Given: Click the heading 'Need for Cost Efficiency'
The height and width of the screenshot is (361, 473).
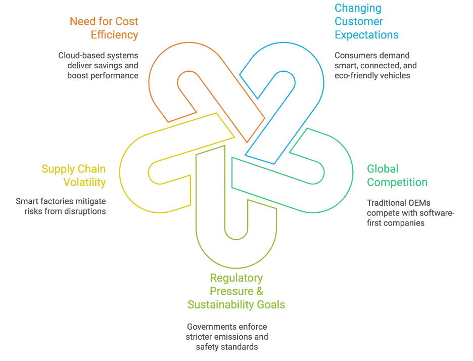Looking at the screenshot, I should click(x=104, y=28).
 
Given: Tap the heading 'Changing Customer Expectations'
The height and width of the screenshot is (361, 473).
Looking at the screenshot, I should click(x=366, y=22).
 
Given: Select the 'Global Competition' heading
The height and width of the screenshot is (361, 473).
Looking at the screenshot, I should click(x=397, y=175).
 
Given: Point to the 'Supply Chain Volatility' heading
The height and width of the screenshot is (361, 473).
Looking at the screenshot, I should click(x=74, y=175).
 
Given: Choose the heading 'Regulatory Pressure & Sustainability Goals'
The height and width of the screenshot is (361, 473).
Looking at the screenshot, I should click(x=236, y=291).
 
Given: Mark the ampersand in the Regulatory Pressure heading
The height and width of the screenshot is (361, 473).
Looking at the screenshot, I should click(x=260, y=291).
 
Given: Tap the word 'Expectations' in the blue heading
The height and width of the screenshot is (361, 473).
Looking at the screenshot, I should click(x=366, y=35).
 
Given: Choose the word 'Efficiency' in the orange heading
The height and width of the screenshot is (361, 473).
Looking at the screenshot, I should click(x=114, y=35).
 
